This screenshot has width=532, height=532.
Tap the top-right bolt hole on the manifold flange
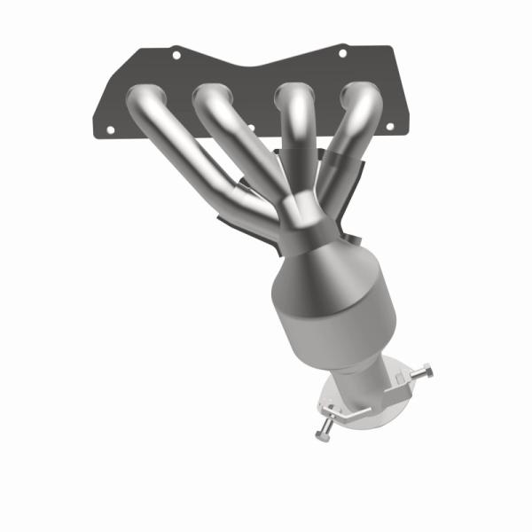click(x=342, y=53)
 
